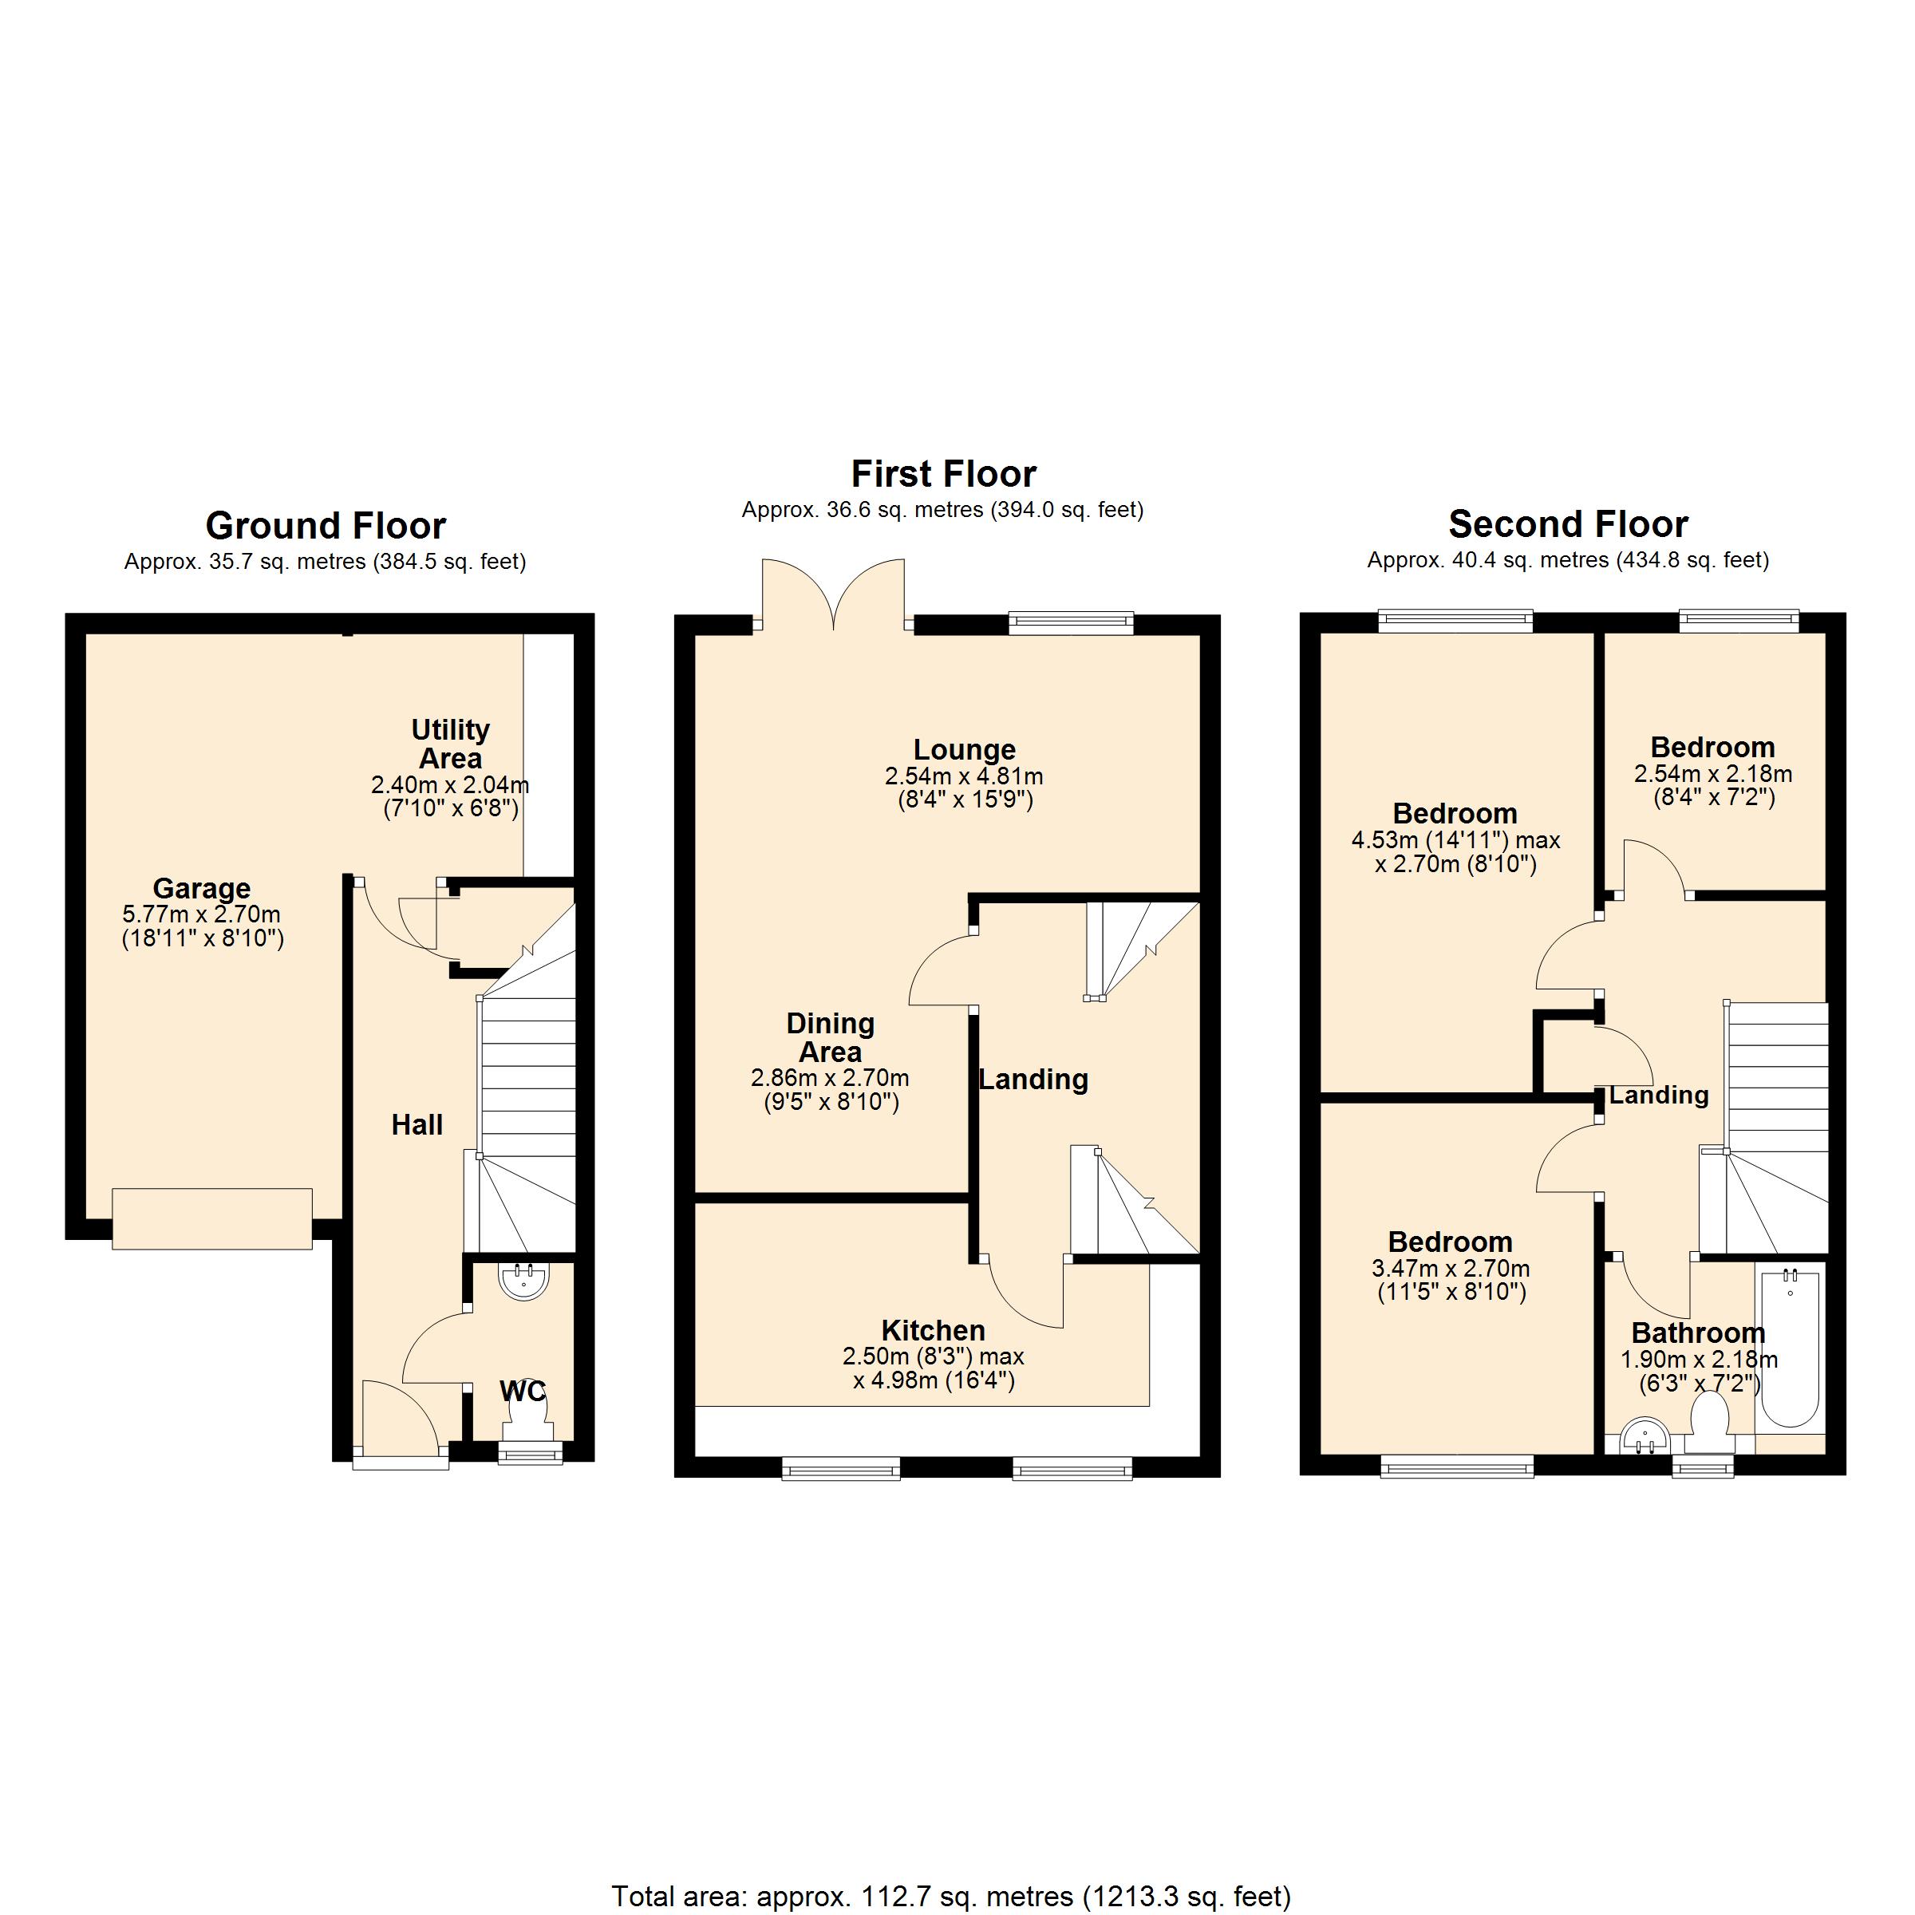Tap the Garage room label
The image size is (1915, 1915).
point(201,888)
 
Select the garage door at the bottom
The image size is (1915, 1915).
point(212,1218)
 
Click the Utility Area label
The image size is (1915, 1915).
point(450,744)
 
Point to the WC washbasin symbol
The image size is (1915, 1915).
point(523,1281)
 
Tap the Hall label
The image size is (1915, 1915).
point(417,1124)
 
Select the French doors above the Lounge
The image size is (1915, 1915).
point(834,594)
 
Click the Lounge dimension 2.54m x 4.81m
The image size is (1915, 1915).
point(963,776)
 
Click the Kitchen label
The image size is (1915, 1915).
point(933,1330)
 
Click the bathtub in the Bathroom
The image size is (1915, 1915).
point(1789,1347)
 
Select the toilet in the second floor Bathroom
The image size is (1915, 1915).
point(1709,1423)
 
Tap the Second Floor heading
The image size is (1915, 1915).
point(1567,523)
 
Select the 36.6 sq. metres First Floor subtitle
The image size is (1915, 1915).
point(942,510)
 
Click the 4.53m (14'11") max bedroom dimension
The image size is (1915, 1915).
point(1455,840)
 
